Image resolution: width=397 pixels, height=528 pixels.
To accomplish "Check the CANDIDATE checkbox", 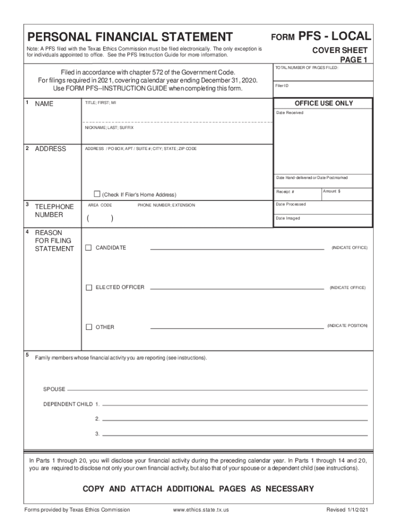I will pyautogui.click(x=89, y=247).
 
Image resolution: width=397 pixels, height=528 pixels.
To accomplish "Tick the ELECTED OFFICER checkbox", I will pyautogui.click(x=89, y=287).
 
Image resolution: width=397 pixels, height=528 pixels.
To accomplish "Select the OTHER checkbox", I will pyautogui.click(x=89, y=327).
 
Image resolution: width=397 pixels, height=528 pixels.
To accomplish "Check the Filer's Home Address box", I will pyautogui.click(x=96, y=194).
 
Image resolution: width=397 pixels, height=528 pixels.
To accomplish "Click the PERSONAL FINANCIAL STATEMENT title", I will pyautogui.click(x=130, y=37).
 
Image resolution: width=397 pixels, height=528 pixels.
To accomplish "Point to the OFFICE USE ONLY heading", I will pyautogui.click(x=323, y=103).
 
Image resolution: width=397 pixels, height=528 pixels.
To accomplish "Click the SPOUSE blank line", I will pyautogui.click(x=217, y=389).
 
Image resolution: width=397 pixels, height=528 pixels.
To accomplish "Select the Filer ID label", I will pyautogui.click(x=282, y=86).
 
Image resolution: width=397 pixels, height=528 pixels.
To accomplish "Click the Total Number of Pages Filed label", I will pyautogui.click(x=306, y=68).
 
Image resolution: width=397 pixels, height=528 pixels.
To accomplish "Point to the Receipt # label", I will pyautogui.click(x=285, y=192).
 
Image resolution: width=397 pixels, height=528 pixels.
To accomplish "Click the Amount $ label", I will pyautogui.click(x=332, y=191).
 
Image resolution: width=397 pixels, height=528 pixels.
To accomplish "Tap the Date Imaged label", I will pyautogui.click(x=288, y=218).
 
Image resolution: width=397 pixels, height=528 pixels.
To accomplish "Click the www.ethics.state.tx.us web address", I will pyautogui.click(x=201, y=510).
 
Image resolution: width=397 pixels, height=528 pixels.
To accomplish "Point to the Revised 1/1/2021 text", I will pyautogui.click(x=347, y=510).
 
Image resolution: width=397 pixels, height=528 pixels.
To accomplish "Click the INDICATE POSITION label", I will pyautogui.click(x=347, y=326).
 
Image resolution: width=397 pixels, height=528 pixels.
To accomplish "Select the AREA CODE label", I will pyautogui.click(x=100, y=205).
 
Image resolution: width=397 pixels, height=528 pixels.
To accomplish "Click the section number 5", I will pyautogui.click(x=27, y=355).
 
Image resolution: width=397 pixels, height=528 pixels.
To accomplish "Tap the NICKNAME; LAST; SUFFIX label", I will pyautogui.click(x=109, y=127).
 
